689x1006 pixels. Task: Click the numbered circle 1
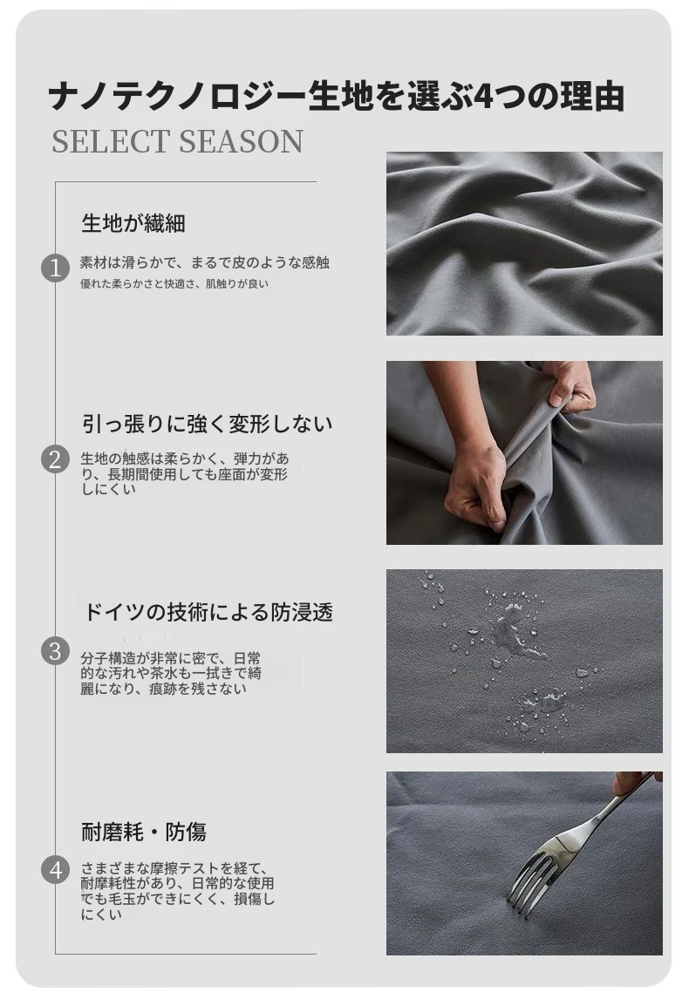coord(55,268)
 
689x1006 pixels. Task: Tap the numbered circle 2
coord(55,459)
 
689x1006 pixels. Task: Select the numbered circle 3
coord(55,651)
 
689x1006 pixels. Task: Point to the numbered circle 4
coord(55,871)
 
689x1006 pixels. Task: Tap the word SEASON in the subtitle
coord(241,142)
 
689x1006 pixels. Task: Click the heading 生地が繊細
coord(133,223)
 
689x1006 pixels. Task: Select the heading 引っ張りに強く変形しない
coord(208,424)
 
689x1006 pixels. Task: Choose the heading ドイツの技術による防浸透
coord(208,612)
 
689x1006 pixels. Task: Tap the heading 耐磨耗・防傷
coord(144,833)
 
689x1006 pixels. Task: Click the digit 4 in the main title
coord(484,97)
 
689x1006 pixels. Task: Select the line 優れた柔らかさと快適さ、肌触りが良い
coord(174,283)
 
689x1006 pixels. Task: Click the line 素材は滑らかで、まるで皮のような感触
coord(205,262)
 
